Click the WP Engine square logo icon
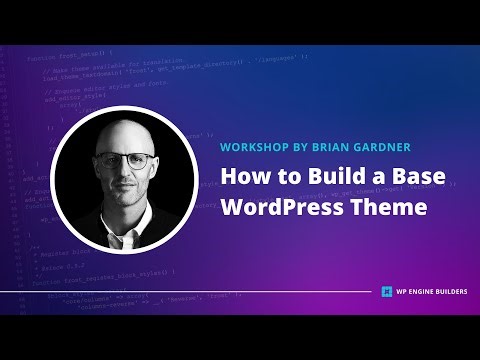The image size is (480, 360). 386,293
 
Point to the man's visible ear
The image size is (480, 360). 155,170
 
